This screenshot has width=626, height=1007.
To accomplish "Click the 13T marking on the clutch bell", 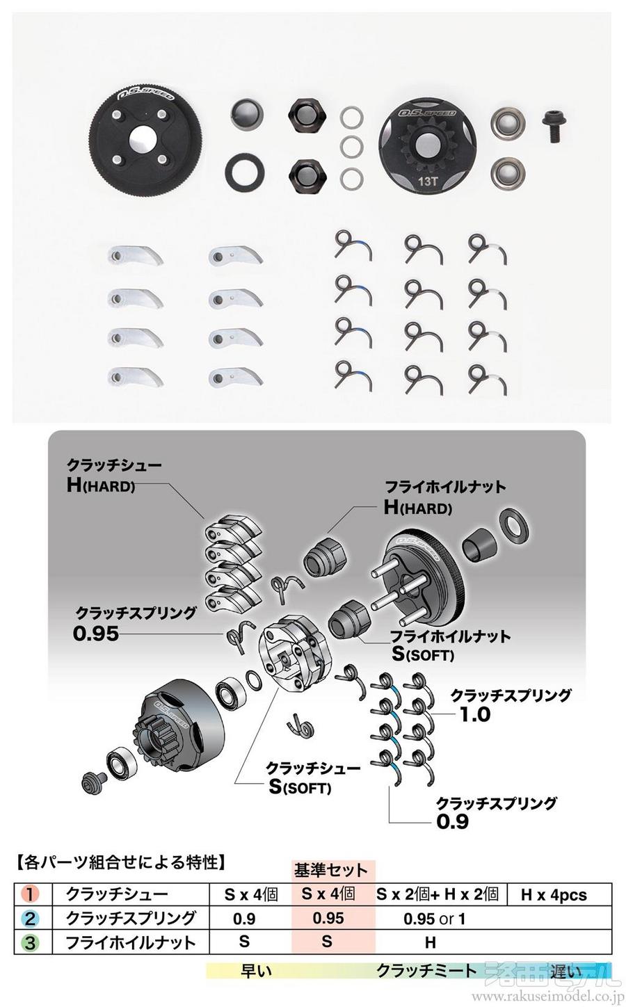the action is pos(428,182).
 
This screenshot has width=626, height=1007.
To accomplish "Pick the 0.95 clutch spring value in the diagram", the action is pos(96,634).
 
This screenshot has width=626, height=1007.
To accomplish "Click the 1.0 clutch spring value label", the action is pos(475,714).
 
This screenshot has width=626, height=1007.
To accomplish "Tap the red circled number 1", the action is pos(30,894).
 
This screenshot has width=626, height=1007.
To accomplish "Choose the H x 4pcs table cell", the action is pos(554,894).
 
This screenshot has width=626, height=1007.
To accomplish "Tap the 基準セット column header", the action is pos(330,870).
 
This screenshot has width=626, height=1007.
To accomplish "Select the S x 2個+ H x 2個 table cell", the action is pos(438,894).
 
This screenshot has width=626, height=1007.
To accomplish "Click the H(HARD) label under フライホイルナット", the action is pos(418,507).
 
